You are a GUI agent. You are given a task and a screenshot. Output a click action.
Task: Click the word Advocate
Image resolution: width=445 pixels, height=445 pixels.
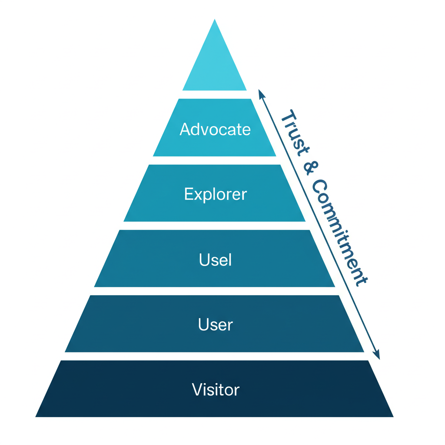(x=215, y=129)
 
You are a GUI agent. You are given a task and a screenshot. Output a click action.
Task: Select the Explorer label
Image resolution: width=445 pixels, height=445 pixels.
(x=215, y=194)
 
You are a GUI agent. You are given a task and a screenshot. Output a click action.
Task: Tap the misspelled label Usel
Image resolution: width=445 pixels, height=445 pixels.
(x=215, y=259)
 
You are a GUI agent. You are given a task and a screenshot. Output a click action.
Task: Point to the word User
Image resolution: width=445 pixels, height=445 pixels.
(x=215, y=324)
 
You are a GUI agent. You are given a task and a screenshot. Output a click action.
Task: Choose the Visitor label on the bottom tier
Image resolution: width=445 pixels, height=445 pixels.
(x=215, y=389)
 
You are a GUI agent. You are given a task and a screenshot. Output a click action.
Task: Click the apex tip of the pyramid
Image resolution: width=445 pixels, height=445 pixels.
(x=215, y=20)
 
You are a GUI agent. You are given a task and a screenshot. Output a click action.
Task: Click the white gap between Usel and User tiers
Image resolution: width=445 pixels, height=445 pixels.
(x=215, y=291)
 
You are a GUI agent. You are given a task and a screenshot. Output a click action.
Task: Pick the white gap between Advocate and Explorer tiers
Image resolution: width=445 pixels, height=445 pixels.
(x=215, y=160)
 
